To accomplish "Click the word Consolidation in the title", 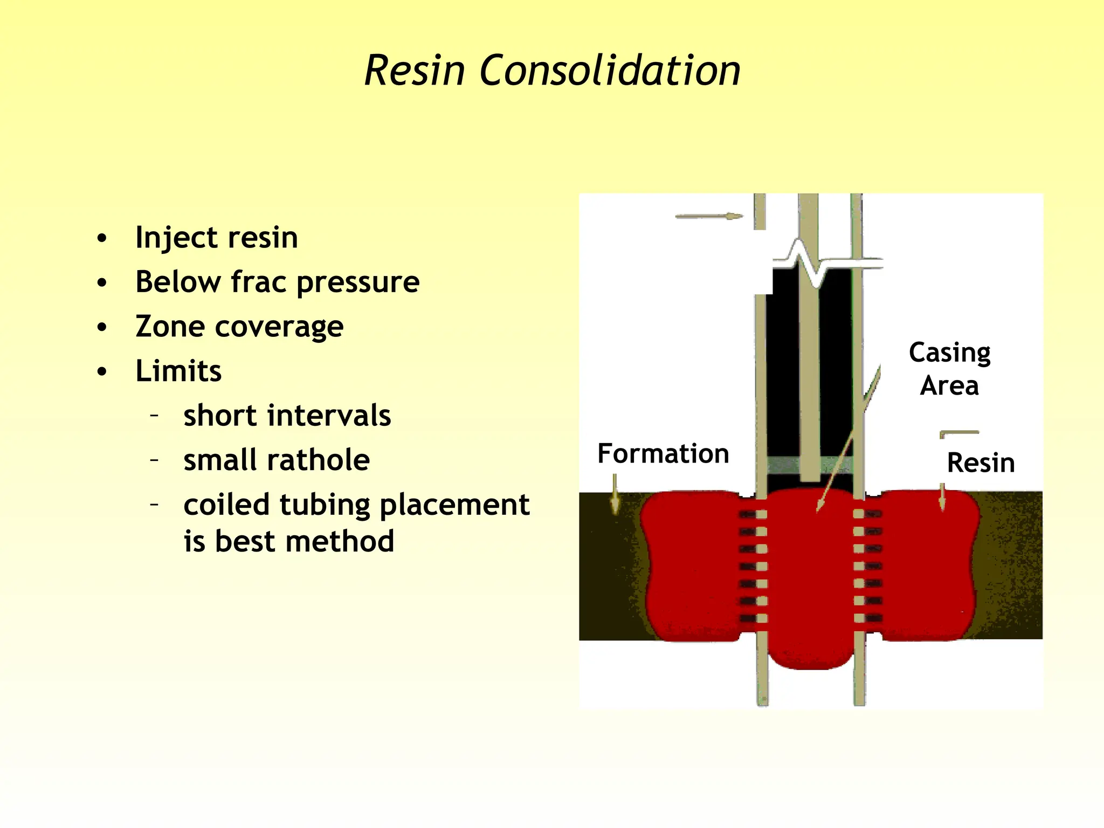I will [610, 71].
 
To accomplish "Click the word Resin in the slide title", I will [415, 71].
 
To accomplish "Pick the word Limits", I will [178, 371].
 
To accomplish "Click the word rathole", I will [315, 460].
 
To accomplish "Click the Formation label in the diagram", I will [663, 453].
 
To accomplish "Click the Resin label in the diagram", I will [981, 463].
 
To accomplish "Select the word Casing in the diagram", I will [949, 353].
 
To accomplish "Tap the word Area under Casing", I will [949, 386].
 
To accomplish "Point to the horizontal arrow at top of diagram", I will [708, 217].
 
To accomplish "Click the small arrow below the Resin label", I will [942, 496].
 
